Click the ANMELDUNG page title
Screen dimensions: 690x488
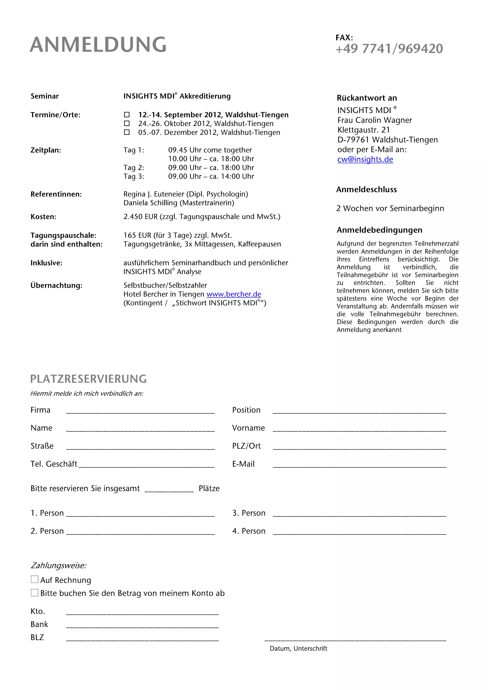coord(98,45)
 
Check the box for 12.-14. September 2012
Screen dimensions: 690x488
coord(127,115)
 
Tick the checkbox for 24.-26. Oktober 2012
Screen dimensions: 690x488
coord(127,123)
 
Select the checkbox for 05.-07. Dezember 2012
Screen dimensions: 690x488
coord(127,132)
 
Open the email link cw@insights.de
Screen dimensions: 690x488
coord(365,159)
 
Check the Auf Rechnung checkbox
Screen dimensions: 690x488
coord(35,580)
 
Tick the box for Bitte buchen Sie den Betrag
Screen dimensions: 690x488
coord(35,593)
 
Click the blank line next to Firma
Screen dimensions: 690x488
coord(140,412)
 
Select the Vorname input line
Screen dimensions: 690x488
coord(359,430)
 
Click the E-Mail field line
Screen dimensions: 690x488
coord(359,466)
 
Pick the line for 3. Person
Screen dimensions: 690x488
coord(359,515)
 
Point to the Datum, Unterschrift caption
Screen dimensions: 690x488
coord(298,649)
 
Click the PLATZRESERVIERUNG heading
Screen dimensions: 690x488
coord(88,379)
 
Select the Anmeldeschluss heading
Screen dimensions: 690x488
coord(366,189)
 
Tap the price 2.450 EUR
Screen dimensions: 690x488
coord(140,217)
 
